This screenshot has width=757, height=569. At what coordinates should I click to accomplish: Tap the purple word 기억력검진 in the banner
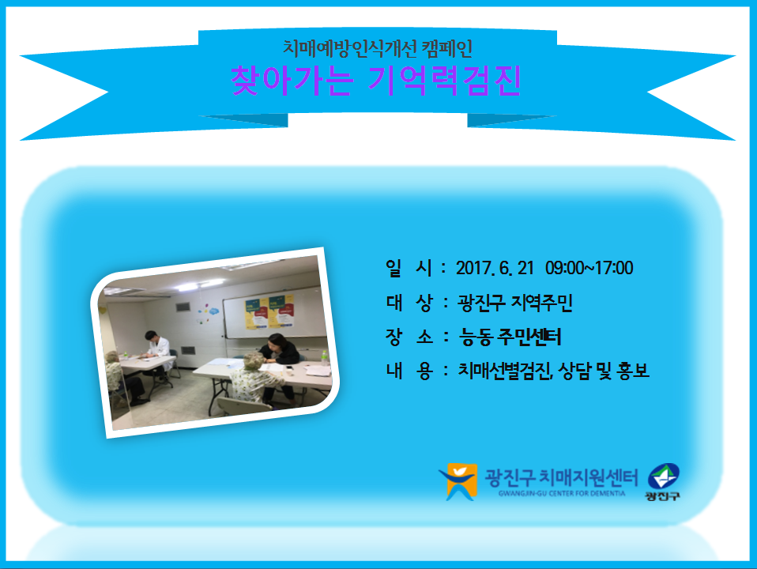[x=445, y=80]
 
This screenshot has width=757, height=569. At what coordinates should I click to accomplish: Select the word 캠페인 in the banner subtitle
[x=446, y=48]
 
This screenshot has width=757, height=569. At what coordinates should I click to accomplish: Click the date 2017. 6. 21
[x=495, y=268]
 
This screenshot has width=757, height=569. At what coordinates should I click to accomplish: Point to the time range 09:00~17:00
[x=589, y=268]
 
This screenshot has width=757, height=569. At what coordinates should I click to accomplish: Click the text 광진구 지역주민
[x=514, y=303]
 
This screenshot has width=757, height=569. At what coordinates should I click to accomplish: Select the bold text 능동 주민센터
[x=510, y=337]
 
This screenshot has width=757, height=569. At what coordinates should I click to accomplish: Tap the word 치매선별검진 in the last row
[x=505, y=371]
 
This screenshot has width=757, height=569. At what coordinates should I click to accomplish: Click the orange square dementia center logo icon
[x=458, y=481]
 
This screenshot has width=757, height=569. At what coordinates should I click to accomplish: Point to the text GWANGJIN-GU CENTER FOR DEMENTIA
[x=562, y=494]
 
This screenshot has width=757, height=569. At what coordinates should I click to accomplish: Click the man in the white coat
[x=156, y=355]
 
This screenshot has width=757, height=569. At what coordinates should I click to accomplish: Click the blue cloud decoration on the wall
[x=213, y=311]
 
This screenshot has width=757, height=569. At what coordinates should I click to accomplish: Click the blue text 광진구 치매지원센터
[x=561, y=477]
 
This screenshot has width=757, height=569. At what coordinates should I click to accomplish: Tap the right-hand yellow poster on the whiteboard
[x=281, y=311]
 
